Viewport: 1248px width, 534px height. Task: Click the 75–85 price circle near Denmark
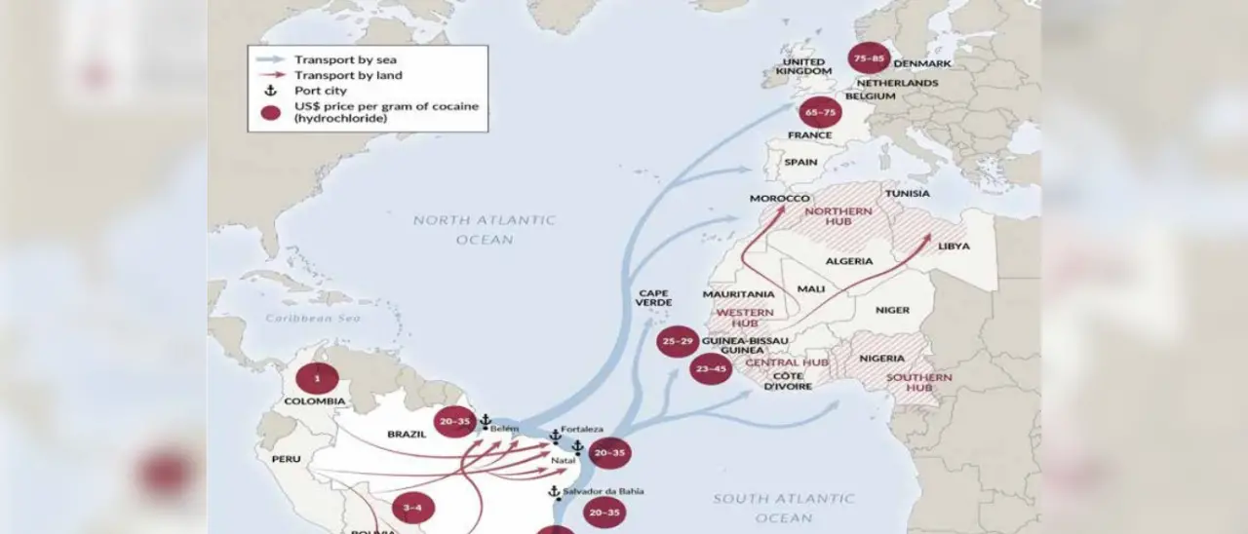tap(869, 59)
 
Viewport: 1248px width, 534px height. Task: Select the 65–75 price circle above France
tap(820, 112)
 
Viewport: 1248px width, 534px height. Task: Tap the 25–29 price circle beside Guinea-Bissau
tap(678, 342)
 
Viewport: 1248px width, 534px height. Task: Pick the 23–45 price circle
tap(711, 368)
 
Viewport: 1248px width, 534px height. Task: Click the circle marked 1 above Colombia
tap(317, 378)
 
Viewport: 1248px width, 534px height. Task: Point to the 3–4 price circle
tap(412, 508)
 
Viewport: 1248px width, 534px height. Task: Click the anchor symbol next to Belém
tap(486, 420)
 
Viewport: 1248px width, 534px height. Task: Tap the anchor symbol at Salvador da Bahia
tap(554, 492)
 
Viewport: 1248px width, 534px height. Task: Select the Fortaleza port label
tap(582, 429)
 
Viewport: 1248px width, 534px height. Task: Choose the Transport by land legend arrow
tap(272, 75)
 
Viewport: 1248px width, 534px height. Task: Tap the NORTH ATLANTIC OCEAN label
tap(484, 229)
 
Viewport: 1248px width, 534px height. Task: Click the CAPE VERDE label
tap(653, 297)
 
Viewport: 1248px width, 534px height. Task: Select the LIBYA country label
tap(954, 247)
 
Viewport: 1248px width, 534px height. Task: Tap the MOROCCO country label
tap(780, 199)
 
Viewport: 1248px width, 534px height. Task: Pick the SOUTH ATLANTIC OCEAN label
tap(783, 508)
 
